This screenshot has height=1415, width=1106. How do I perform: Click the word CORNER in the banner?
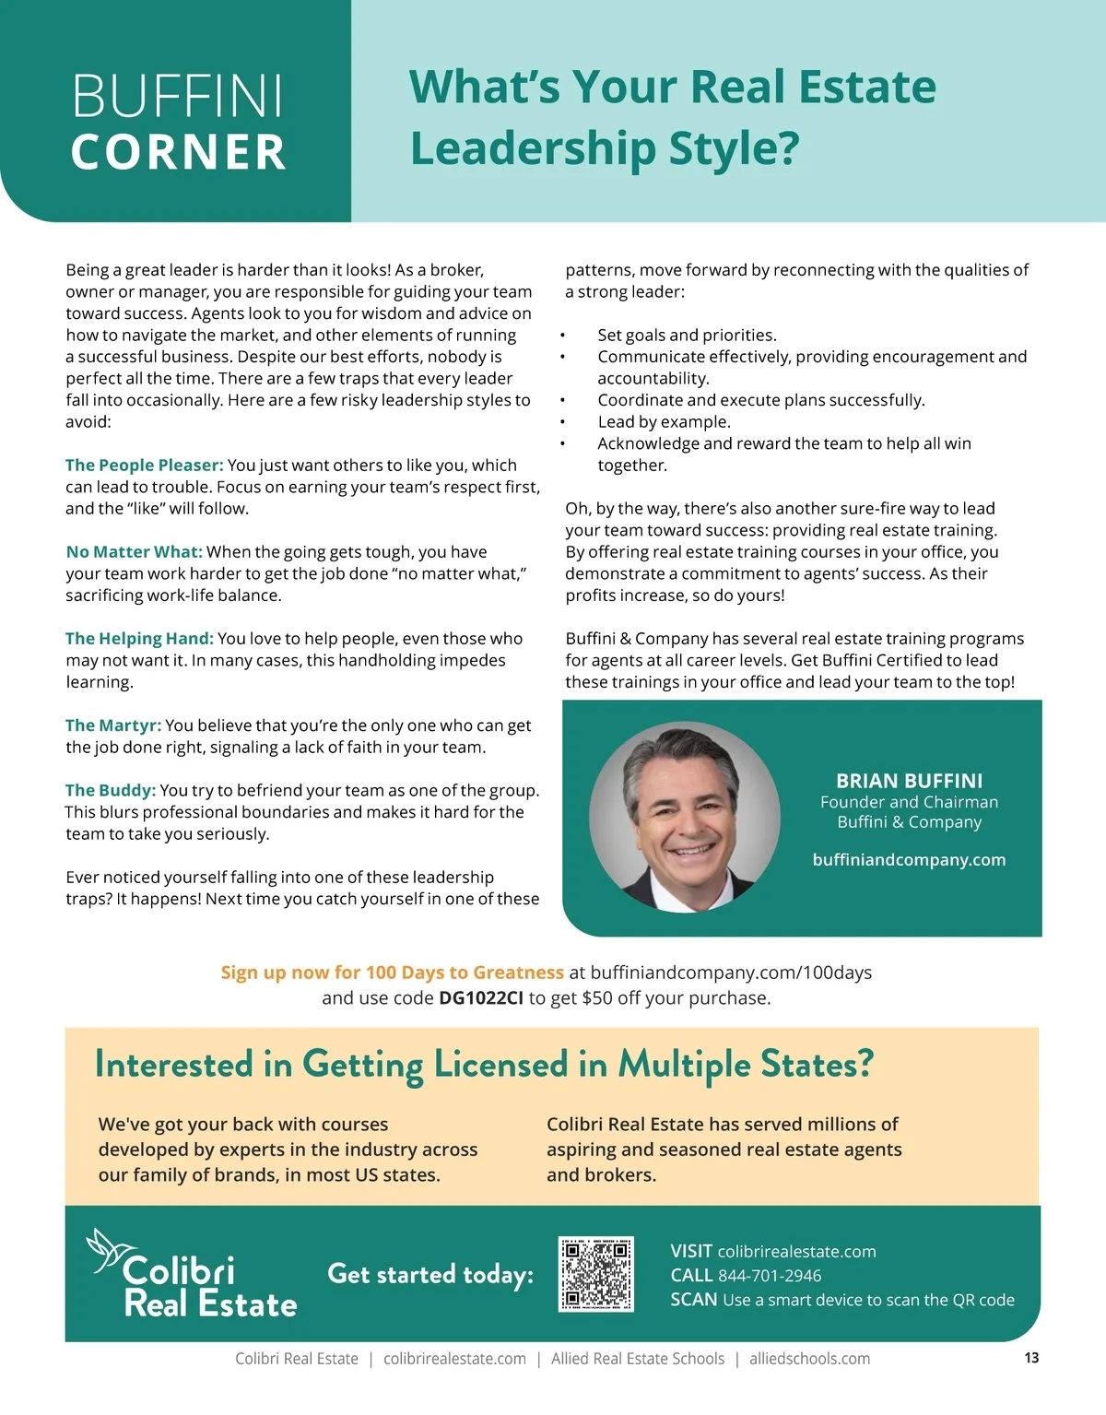pos(178,152)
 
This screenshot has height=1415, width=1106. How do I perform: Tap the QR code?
pos(596,1274)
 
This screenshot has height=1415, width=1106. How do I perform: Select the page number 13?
pos(1031,1357)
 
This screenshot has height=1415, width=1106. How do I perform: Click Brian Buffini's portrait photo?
pos(685,817)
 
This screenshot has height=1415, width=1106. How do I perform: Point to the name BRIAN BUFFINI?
pos(909,781)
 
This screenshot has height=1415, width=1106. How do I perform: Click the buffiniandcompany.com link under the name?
pos(909,859)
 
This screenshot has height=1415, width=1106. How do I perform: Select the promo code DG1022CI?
pos(481,997)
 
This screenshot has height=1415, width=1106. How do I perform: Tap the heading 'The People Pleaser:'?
pos(144,466)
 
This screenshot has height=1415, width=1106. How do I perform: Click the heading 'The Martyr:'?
pos(113,725)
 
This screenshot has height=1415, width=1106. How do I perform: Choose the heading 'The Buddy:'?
pos(110,790)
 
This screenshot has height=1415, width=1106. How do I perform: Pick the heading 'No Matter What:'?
pos(134,552)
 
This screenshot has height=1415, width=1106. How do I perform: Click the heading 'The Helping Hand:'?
pos(139,639)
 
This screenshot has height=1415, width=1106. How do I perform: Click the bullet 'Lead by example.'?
pos(664,422)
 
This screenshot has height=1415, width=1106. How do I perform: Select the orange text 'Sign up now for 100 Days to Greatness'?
pos(392,973)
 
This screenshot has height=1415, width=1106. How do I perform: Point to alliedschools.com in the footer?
pos(809,1359)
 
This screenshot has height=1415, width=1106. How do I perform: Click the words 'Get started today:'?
pos(430,1274)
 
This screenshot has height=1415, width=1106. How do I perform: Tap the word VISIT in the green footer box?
pos(691,1252)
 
